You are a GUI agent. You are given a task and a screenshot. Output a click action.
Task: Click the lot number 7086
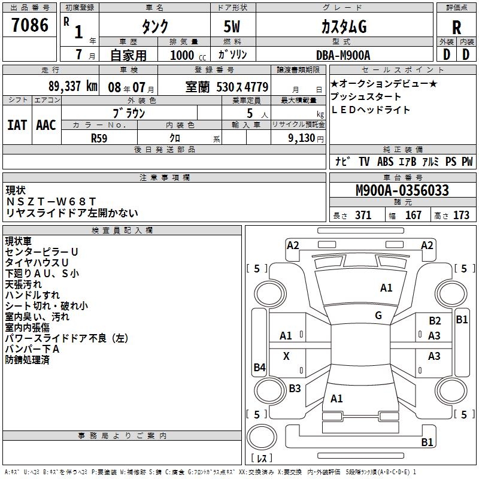pos(30,25)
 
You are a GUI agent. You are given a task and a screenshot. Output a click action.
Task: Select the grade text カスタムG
pos(344,26)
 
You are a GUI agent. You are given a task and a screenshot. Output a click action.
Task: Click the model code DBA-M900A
pos(343,55)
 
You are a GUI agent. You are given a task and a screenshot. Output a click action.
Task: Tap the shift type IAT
pos(17,125)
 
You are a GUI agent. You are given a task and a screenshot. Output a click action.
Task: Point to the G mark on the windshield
pos(378,316)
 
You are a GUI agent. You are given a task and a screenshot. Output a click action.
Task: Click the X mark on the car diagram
pos(286,356)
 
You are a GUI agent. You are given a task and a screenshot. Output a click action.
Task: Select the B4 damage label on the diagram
pos(259,368)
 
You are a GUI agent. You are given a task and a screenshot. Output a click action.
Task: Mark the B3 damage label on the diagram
pos(295,389)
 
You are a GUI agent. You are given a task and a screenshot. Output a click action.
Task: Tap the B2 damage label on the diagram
pos(435,321)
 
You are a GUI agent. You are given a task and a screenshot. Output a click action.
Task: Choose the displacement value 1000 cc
pos(185,55)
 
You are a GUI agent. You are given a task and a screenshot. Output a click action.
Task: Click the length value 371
pos(363,216)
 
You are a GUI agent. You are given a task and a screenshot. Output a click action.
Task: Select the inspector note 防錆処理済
pos(27,360)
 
